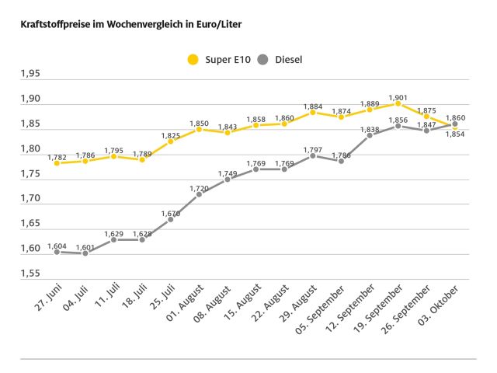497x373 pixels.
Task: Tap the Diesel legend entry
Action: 280,59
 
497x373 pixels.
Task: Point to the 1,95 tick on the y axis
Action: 30,75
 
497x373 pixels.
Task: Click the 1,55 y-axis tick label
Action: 30,274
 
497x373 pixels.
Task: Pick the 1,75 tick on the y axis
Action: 30,174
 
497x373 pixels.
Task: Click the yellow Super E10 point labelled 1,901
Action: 398,103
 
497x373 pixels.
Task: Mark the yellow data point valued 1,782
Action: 57,163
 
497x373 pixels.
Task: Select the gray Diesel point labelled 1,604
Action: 57,252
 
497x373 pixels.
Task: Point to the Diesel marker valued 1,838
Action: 370,135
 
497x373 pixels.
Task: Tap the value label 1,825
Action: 170,135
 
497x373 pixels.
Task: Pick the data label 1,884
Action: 312,106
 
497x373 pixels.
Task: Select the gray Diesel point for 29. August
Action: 312,155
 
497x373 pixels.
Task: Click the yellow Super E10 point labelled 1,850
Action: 199,129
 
